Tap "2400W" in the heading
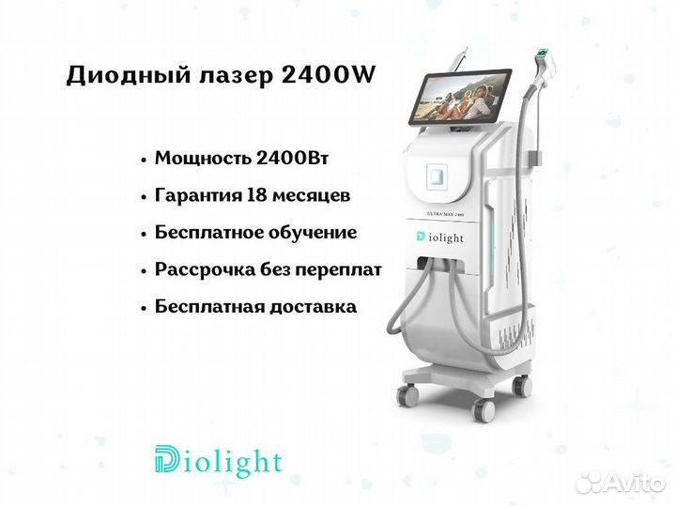329,75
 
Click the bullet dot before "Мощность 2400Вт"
144,160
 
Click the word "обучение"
313,233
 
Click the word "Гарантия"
198,195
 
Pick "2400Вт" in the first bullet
292,158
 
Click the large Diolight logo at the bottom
218,461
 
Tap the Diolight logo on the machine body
440,238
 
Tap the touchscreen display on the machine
459,98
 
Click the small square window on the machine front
437,176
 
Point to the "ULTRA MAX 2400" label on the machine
445,214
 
